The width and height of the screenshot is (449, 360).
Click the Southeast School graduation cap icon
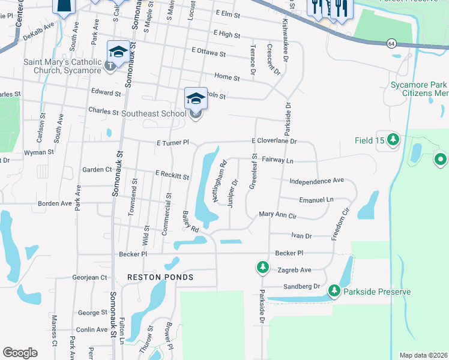[196, 98]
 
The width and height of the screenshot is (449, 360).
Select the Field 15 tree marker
[393, 140]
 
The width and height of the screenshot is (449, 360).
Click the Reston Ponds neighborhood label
[160, 277]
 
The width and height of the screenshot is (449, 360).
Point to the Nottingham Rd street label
[219, 175]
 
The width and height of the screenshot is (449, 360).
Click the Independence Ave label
[316, 181]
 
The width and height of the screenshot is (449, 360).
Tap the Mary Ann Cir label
[277, 214]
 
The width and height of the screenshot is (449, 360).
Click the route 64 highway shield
[391, 43]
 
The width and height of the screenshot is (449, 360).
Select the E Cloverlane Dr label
[274, 141]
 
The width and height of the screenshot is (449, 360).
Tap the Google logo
[20, 353]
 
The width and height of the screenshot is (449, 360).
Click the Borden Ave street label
[55, 203]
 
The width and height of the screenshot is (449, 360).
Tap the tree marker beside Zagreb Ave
[263, 267]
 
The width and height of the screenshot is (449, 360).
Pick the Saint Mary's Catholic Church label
[62, 66]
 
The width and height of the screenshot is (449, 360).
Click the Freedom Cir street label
[339, 223]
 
